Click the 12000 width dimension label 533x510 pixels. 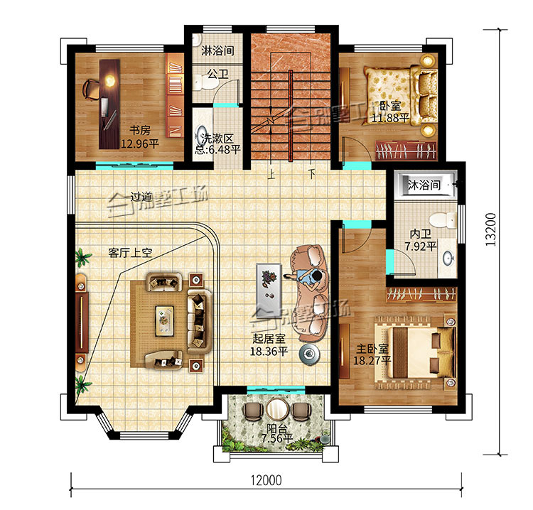(266, 480)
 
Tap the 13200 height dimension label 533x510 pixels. (490, 229)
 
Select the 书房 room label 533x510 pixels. (140, 130)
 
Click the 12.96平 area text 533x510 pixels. (140, 143)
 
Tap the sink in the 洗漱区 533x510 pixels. (202, 136)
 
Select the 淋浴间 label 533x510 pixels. (217, 50)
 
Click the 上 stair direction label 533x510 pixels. (271, 174)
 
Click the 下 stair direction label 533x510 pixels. (311, 174)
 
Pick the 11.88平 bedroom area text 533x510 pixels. (390, 118)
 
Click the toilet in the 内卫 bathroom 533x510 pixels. (443, 219)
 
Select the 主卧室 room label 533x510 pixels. (372, 348)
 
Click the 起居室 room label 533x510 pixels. (269, 338)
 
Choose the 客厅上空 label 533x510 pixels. (130, 252)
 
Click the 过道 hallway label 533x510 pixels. (141, 197)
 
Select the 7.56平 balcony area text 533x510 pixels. (276, 438)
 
